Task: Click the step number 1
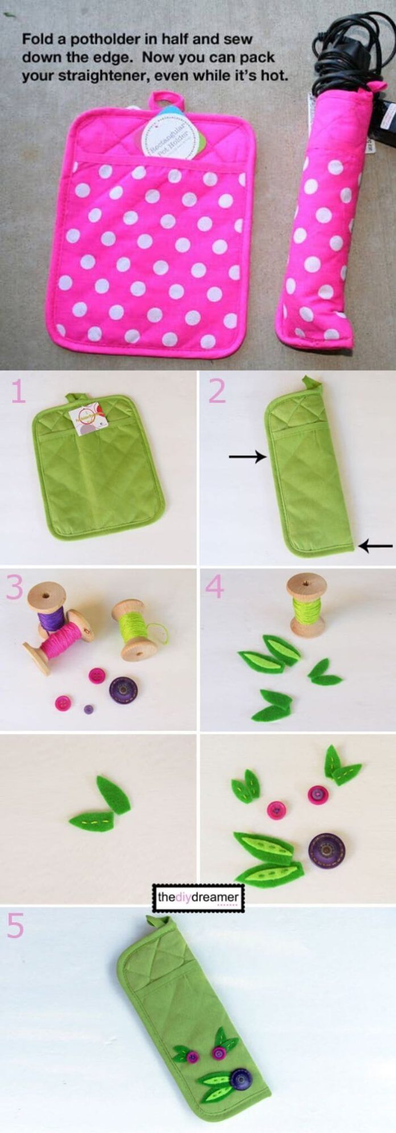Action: [18, 392]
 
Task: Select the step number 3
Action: [15, 587]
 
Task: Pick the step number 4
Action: [214, 587]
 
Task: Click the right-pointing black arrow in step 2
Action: [247, 456]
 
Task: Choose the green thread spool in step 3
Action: [135, 629]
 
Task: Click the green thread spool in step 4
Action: [307, 604]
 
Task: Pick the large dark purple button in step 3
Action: [123, 690]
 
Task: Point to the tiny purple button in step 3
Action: [88, 709]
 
